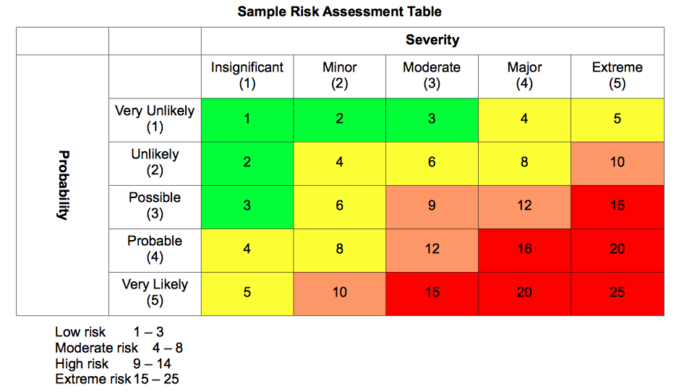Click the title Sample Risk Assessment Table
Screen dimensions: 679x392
pos(340,12)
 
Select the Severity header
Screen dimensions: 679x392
pos(432,40)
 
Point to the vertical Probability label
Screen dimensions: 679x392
pos(64,185)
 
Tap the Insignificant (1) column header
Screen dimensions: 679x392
pos(247,75)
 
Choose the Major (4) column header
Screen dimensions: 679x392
pos(524,75)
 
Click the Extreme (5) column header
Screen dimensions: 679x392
pos(617,75)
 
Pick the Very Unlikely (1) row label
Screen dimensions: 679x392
pos(155,119)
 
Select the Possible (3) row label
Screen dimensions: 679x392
pos(155,205)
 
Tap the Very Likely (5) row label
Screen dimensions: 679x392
pos(155,292)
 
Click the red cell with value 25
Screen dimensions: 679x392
pos(618,294)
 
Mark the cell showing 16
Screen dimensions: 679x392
pos(524,251)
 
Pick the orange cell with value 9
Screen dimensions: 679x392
pos(432,207)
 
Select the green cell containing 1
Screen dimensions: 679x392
pos(247,120)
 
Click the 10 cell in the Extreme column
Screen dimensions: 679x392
pos(618,163)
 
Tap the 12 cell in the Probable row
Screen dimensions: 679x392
pos(432,251)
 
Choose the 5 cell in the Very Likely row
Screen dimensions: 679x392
pos(247,294)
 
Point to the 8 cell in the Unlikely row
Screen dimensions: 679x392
pos(524,163)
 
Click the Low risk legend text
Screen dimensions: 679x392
pos(80,332)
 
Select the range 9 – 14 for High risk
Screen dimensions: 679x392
pos(152,363)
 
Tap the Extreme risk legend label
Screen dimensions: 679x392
pos(93,379)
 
